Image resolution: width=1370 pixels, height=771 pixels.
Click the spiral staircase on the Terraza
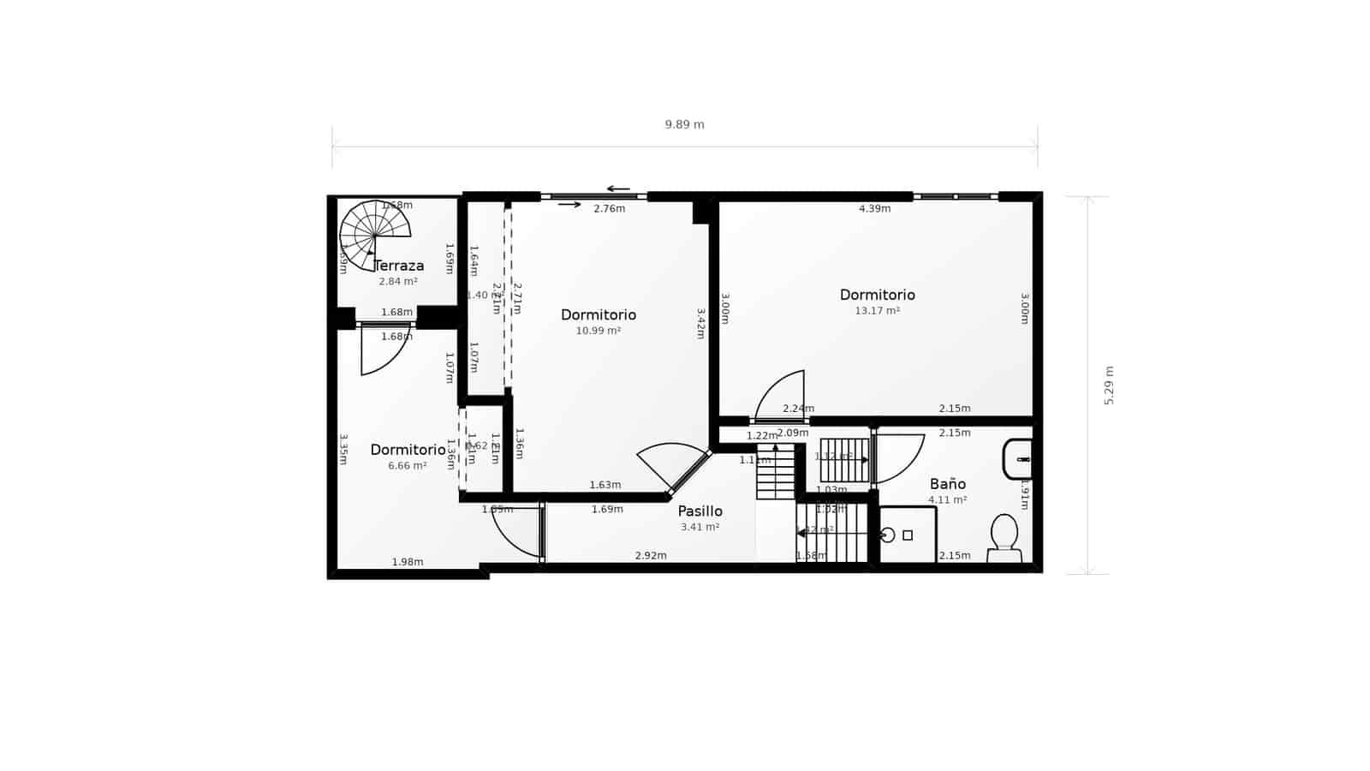(375, 234)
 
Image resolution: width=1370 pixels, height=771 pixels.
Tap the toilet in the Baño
(1004, 536)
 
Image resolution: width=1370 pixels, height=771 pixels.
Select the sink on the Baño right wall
(1017, 459)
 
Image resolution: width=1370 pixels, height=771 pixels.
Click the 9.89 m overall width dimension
(685, 125)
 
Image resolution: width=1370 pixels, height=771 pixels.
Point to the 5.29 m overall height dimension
(1109, 385)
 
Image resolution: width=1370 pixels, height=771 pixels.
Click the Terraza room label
(399, 266)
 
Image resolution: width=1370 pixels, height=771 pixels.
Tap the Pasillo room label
(700, 511)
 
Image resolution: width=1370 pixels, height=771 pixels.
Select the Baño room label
(948, 484)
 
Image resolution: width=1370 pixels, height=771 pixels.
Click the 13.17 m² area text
(878, 311)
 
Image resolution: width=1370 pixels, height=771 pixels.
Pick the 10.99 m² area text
(599, 331)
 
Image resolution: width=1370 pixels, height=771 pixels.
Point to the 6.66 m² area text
(408, 466)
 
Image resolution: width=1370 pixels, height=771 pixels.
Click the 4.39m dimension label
(875, 209)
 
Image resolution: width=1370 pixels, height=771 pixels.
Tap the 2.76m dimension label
(610, 209)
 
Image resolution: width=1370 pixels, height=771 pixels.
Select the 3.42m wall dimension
(700, 324)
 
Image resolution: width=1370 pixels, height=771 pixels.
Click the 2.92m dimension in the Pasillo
(651, 556)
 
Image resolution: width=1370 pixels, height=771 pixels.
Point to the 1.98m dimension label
(408, 562)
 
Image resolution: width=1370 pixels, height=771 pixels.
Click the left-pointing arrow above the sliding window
(618, 189)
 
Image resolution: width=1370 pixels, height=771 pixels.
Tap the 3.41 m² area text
(700, 527)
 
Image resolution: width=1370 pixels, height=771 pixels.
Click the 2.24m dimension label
(798, 409)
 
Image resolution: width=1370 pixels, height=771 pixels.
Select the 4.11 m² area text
(948, 499)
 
